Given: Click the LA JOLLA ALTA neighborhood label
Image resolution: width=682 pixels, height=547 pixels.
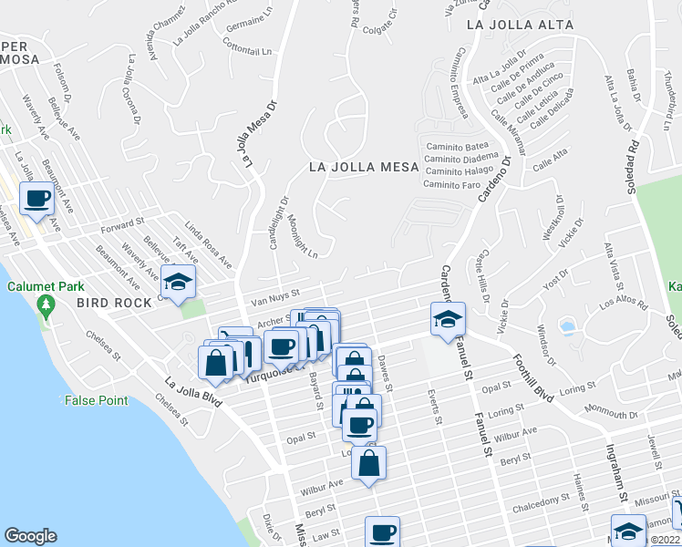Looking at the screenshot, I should click(520, 26).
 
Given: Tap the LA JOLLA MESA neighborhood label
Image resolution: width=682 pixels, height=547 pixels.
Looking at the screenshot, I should click(363, 167).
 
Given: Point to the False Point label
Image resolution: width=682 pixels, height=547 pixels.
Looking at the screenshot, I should click(97, 400).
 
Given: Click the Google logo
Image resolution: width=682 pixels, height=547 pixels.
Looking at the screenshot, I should click(30, 536).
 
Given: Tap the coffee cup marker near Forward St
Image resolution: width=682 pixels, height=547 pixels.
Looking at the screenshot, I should click(37, 199).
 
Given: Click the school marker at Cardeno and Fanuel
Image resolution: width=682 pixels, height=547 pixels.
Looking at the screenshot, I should click(448, 319).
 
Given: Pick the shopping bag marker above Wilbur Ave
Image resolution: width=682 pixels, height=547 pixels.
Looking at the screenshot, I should click(368, 463).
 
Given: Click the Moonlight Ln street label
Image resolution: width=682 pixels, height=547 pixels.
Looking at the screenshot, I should click(302, 235).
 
